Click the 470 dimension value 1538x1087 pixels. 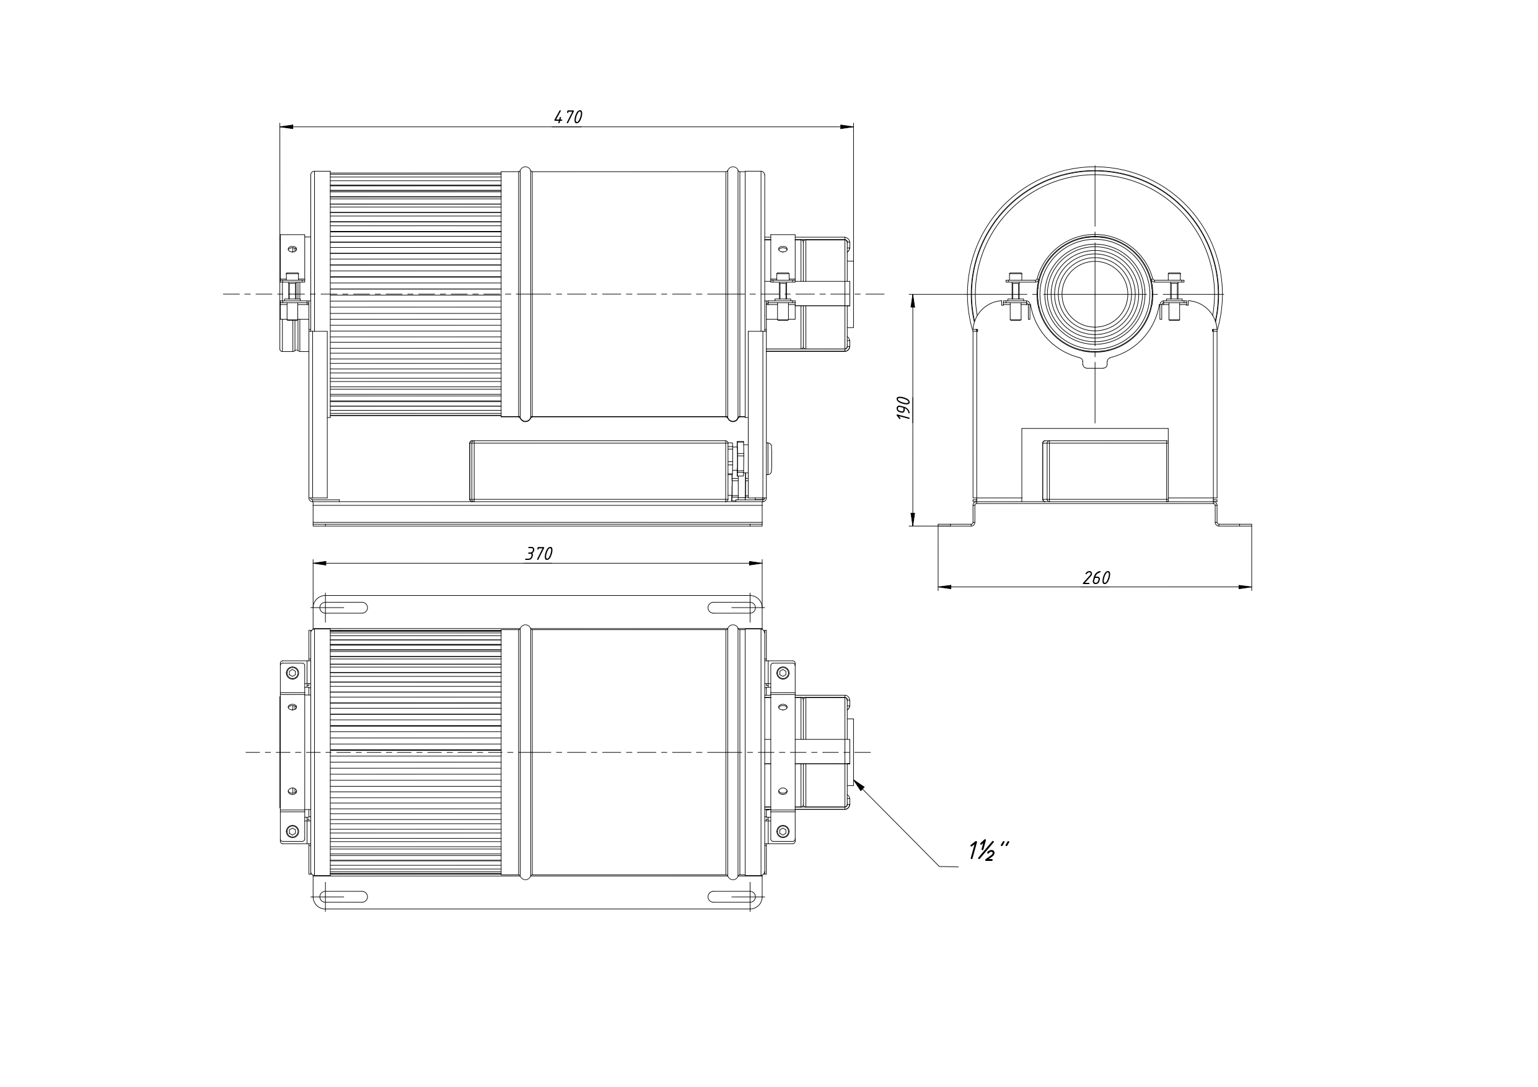point(568,116)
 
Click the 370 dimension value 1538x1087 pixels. point(538,554)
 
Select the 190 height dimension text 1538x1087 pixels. point(903,408)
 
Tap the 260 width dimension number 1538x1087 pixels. point(1097,577)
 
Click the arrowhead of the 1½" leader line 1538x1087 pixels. point(858,785)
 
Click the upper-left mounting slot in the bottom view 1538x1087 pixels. point(344,608)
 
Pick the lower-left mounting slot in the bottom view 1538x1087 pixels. point(344,897)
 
